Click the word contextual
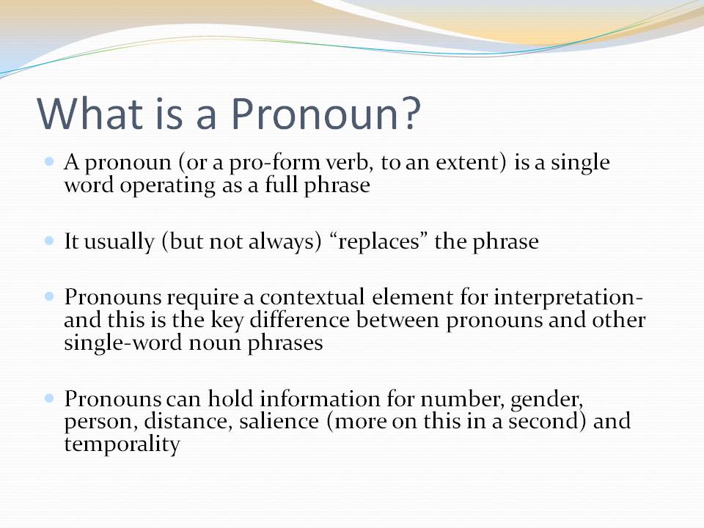tap(312, 297)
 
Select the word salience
tap(279, 422)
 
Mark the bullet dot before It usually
tap(49, 241)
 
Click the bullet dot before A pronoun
tap(49, 161)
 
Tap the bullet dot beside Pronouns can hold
tap(49, 397)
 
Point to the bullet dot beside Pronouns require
tap(49, 296)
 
